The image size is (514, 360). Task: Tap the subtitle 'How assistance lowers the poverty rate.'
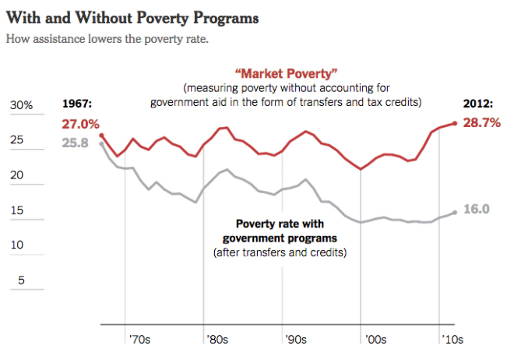coord(107,39)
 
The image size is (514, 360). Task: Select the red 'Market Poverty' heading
coord(275,74)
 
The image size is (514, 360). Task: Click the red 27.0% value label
coord(81,124)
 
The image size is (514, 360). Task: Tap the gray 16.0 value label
coord(476,209)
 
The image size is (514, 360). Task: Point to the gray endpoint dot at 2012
coord(455,212)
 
